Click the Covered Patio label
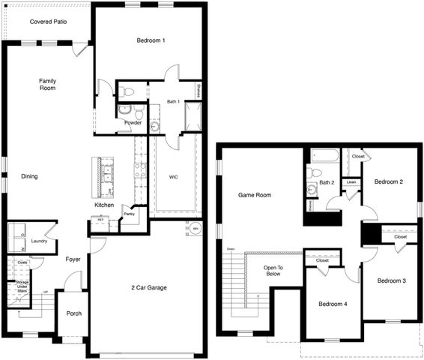click(x=49, y=22)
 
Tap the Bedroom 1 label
click(x=151, y=40)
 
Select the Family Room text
click(x=48, y=85)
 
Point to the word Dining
click(x=29, y=177)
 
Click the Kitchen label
click(x=104, y=205)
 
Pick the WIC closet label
click(x=173, y=177)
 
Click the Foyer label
click(x=73, y=259)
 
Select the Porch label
click(x=74, y=313)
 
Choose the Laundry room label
click(x=40, y=241)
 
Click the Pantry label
click(x=130, y=214)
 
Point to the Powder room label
click(x=133, y=122)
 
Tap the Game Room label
click(x=255, y=195)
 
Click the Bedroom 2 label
click(x=390, y=181)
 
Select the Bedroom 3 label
click(x=391, y=280)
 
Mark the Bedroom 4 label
click(x=333, y=304)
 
